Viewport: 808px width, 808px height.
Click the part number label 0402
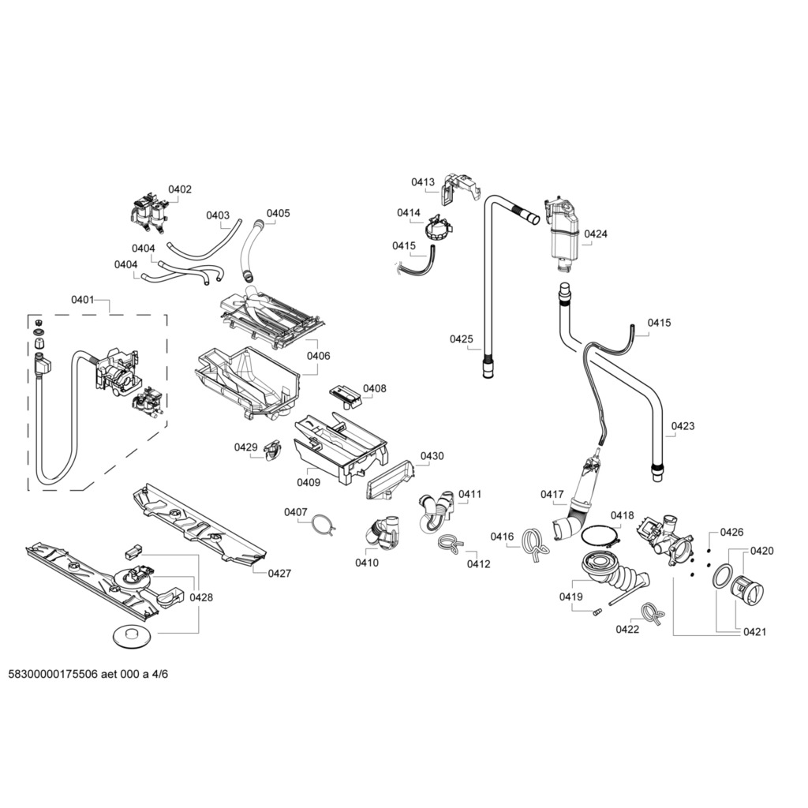180,189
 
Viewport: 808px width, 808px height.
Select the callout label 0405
278,213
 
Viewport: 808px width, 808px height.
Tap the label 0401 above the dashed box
83,300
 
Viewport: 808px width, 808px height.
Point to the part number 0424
596,234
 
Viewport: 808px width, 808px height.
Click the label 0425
462,339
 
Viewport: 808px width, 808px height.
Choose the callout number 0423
683,426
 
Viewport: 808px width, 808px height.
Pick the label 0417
552,495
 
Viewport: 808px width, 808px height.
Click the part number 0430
432,456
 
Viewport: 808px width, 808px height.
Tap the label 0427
279,574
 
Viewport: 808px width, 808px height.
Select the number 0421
754,631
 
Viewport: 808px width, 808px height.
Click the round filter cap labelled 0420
746,589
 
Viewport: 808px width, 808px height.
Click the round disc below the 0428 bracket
132,634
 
